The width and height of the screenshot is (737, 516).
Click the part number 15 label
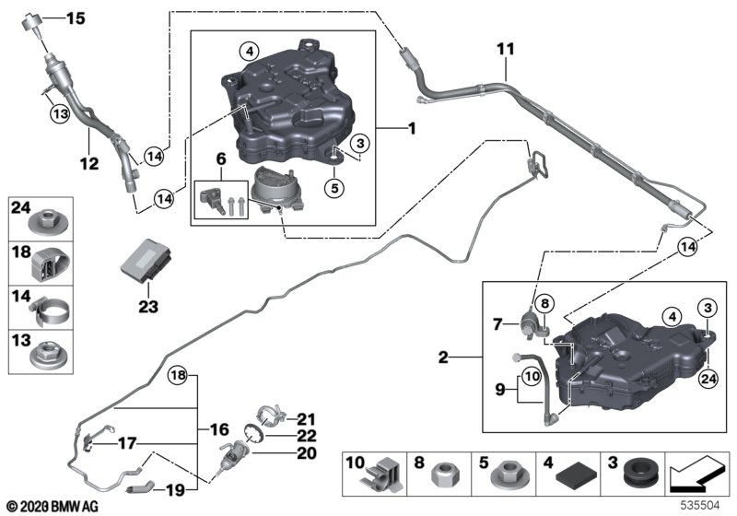[76, 18]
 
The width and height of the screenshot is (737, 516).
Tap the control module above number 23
[145, 260]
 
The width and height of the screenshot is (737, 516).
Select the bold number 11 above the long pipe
[506, 49]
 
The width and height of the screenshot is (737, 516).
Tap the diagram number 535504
[700, 506]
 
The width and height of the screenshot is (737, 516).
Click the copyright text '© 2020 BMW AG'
[53, 507]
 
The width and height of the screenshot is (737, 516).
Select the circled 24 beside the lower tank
[708, 379]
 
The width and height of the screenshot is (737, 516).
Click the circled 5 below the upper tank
[334, 189]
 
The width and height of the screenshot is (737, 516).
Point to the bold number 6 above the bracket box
[221, 158]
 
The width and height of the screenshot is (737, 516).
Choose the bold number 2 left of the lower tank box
[443, 358]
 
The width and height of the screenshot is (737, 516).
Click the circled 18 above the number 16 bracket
[178, 375]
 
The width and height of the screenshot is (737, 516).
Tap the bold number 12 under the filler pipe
[89, 163]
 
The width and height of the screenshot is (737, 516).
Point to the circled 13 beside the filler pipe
[61, 113]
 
